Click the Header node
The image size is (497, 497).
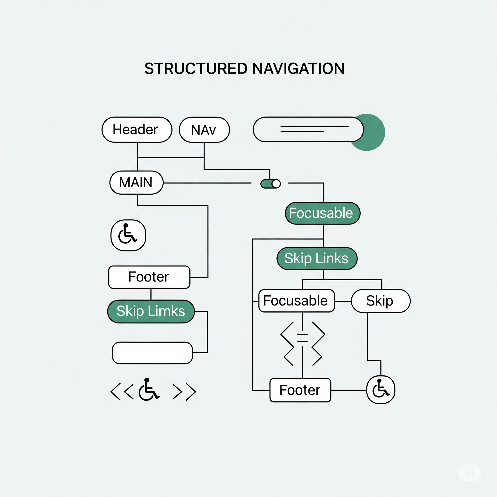tap(137, 130)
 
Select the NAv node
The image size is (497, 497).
tap(204, 130)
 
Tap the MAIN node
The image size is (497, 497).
tap(136, 183)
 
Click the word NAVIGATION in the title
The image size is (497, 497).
tap(298, 69)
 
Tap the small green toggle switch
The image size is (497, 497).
tap(270, 184)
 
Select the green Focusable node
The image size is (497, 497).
tap(323, 213)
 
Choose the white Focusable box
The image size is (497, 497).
tap(297, 301)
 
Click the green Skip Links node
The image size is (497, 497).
tap(317, 258)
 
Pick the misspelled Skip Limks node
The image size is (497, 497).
tap(151, 311)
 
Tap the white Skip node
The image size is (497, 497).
tap(381, 301)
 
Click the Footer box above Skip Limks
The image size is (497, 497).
tap(149, 277)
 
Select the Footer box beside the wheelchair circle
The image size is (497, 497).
tap(300, 390)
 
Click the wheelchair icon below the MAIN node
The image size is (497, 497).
tap(128, 235)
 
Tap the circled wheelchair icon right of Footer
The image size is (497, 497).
tap(381, 390)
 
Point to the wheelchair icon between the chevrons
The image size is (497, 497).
tap(149, 389)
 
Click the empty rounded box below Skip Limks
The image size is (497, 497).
tap(152, 353)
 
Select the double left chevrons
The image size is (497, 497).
tap(122, 392)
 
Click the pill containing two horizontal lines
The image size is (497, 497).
tap(308, 129)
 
